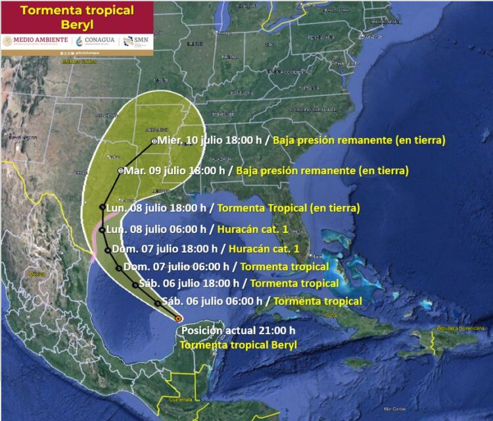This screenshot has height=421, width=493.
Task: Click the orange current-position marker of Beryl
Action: tap(179, 318)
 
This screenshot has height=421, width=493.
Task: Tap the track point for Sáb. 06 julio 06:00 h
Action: tap(158, 303)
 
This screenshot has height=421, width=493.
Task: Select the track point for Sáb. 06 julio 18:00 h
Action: tap(135, 285)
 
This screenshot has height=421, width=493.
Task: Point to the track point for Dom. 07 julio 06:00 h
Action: tap(118, 268)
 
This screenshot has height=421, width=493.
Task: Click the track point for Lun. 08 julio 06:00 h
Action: tap(102, 230)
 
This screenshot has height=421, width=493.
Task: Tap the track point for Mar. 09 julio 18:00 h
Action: tap(120, 171)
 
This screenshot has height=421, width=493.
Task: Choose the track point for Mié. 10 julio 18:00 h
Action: tap(154, 141)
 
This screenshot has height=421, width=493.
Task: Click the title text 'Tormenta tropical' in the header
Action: tap(77, 11)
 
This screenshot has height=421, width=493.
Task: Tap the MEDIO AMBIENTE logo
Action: tap(35, 40)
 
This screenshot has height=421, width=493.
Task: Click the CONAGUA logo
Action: tap(95, 40)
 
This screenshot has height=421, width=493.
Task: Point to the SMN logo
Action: tap(135, 40)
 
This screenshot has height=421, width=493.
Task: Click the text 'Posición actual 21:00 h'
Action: tap(238, 331)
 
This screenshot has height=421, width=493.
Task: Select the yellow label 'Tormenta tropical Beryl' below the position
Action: tap(238, 345)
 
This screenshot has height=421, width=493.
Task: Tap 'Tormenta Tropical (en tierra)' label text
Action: tap(288, 208)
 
